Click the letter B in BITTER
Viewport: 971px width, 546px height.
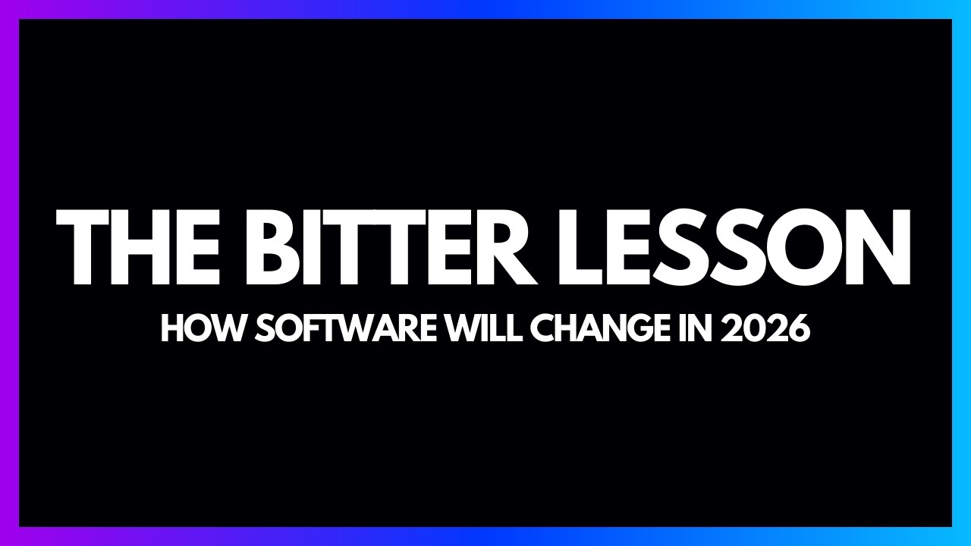[279, 245]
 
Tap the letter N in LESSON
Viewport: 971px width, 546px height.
[880, 245]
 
